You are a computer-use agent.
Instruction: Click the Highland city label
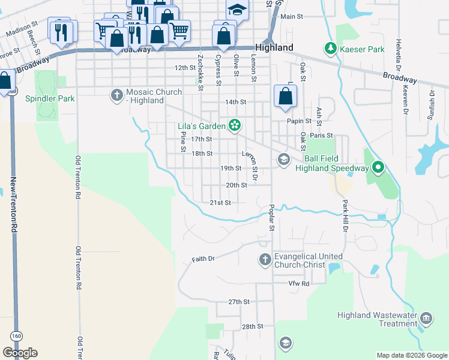[274, 47]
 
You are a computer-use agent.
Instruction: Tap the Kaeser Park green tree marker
[330, 47]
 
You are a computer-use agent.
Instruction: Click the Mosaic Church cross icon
[117, 95]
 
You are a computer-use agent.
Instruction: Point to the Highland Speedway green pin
[378, 167]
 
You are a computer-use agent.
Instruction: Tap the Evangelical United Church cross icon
[265, 259]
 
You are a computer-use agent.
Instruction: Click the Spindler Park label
[49, 98]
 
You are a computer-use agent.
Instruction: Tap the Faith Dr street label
[203, 259]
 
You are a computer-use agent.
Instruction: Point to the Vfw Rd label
[298, 283]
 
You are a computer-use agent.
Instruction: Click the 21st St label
[220, 203]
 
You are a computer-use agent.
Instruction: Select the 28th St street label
[253, 326]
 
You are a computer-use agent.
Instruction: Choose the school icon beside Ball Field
[283, 159]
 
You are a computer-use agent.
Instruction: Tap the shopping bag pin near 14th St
[285, 96]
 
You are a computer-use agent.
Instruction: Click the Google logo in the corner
[20, 352]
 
